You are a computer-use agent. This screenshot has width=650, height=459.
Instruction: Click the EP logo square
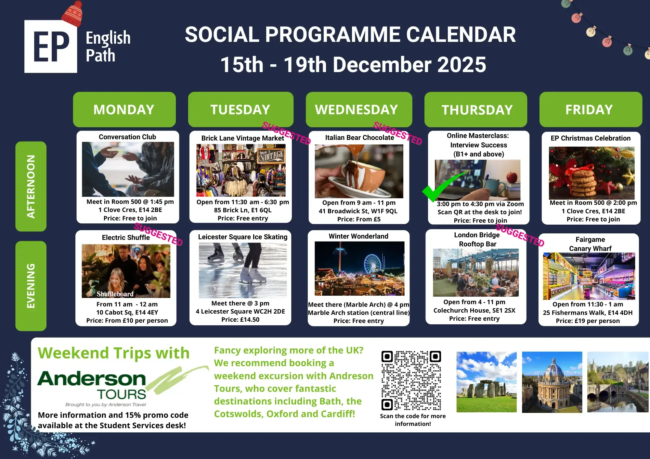(x=51, y=46)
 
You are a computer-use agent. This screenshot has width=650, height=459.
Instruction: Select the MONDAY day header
(x=124, y=109)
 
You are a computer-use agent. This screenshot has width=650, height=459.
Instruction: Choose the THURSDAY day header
(x=476, y=109)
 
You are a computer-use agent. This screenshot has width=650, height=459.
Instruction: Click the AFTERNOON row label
(x=31, y=186)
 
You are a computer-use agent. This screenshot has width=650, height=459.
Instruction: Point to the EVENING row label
(x=31, y=286)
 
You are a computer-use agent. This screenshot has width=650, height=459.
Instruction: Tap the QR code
(x=411, y=381)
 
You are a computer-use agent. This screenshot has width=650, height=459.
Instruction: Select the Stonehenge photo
(x=487, y=382)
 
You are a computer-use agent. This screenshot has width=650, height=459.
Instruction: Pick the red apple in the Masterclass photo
(x=512, y=177)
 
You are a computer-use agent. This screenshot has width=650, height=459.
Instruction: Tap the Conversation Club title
(x=127, y=137)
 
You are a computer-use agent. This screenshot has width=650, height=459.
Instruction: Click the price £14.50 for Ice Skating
(x=240, y=320)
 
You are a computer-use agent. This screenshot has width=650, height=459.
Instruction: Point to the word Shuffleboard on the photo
(x=115, y=294)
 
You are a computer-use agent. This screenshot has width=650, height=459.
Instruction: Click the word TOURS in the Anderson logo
(x=122, y=394)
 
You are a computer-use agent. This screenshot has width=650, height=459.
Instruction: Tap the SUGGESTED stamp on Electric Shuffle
(x=158, y=234)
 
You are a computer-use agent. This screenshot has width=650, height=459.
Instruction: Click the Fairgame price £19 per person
(x=588, y=321)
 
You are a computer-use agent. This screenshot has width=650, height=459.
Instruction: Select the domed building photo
(x=552, y=382)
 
